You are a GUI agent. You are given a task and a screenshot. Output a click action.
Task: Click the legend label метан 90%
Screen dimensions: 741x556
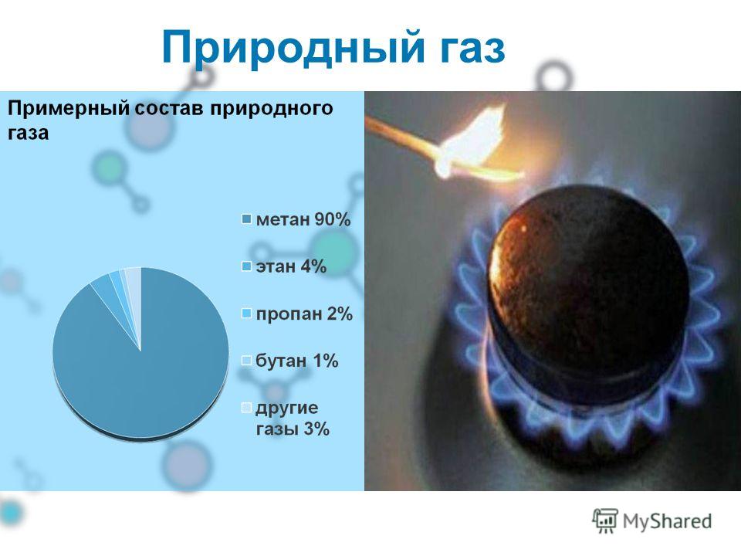(303, 220)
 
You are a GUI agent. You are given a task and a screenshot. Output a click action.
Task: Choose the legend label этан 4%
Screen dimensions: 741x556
(291, 266)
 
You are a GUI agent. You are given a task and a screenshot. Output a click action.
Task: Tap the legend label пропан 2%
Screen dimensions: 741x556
(304, 314)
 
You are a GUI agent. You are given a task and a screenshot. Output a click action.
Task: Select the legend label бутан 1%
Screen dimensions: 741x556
(296, 361)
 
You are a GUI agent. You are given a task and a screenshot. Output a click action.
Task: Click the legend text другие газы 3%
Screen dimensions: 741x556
(293, 419)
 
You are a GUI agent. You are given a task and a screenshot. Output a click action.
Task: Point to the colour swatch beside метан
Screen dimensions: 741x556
(246, 220)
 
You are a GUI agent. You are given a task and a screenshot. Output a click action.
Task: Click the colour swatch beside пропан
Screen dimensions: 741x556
(246, 314)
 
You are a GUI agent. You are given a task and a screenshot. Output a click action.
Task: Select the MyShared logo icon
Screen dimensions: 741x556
(605, 521)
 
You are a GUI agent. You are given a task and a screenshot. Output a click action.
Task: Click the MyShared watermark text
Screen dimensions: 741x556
(667, 521)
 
